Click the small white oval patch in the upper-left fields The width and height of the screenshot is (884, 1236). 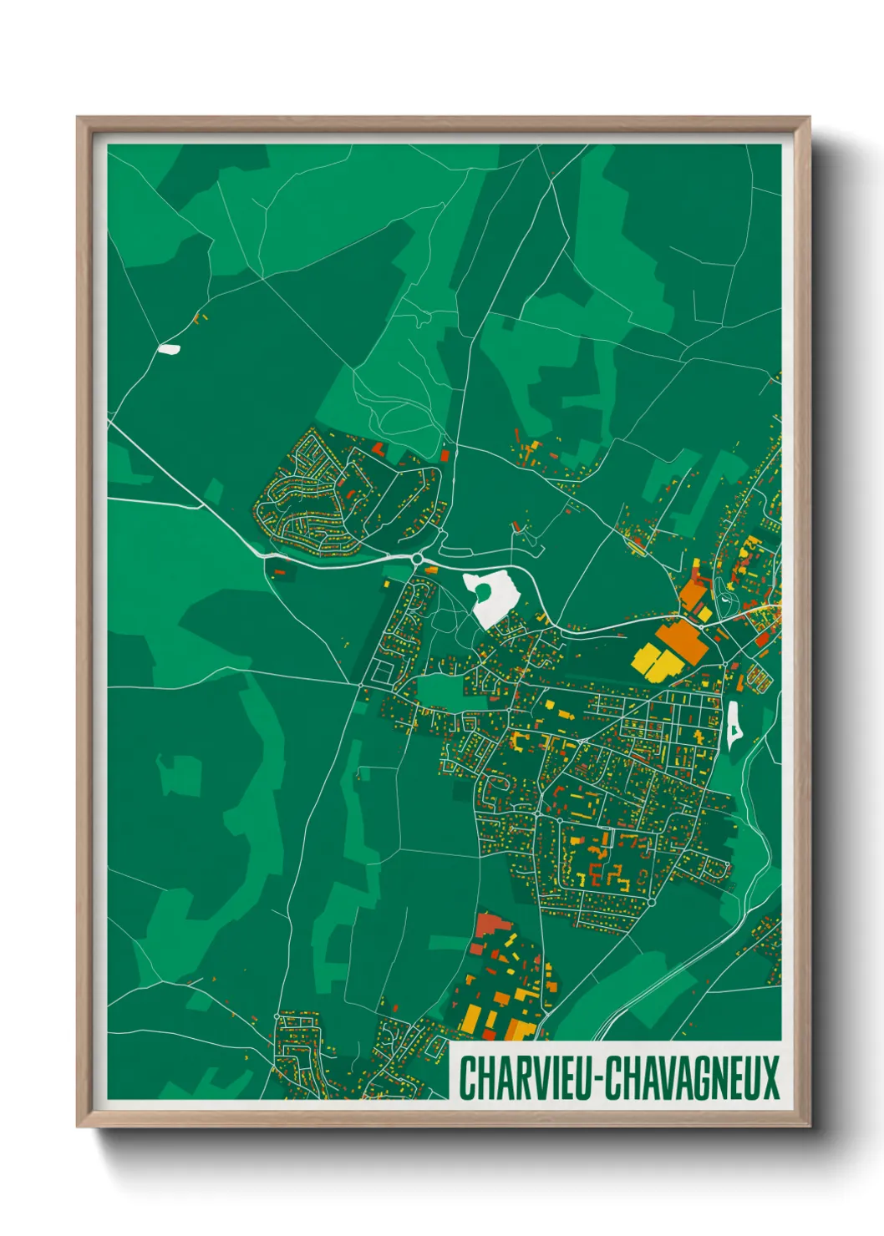pyautogui.click(x=169, y=349)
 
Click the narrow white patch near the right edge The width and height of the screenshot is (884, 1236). pyautogui.click(x=734, y=722)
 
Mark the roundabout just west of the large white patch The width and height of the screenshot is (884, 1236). pyautogui.click(x=417, y=559)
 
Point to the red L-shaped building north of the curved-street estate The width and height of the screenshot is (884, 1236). pyautogui.click(x=379, y=449)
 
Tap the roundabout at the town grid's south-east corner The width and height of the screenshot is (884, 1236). pyautogui.click(x=652, y=903)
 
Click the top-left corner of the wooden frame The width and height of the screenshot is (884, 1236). pyautogui.click(x=79, y=119)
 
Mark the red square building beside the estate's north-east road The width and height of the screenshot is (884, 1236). pyautogui.click(x=445, y=456)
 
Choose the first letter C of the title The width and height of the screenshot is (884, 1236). pyautogui.click(x=465, y=1077)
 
